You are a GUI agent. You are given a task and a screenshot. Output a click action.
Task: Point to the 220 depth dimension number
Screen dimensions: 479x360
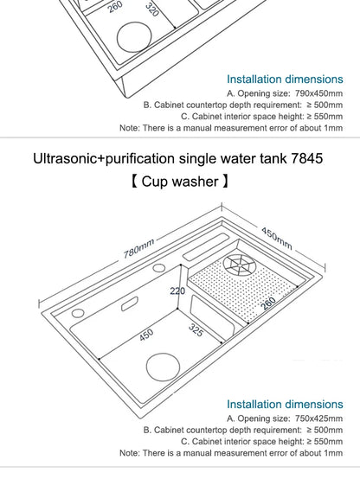tap(177, 291)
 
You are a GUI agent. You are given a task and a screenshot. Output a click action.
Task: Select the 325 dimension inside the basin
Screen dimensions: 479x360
tap(198, 330)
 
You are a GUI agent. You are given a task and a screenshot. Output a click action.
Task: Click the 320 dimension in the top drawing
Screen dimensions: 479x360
tap(151, 10)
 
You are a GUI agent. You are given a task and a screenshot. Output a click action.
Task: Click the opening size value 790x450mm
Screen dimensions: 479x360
tap(306, 91)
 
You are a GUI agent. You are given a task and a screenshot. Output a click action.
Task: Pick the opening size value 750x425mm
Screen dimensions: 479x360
tap(306, 418)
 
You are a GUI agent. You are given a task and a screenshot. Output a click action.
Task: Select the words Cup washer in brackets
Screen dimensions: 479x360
tap(179, 182)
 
